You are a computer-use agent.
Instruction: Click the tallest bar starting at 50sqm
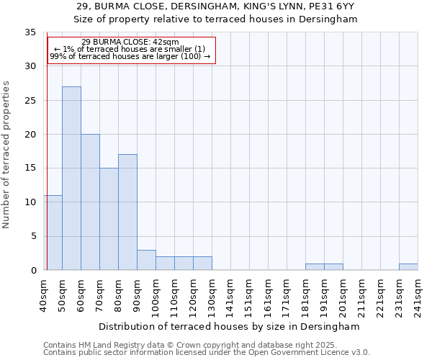click(x=71, y=178)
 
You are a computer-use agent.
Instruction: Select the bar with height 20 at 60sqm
click(x=90, y=202)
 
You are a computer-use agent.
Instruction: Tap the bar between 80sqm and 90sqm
click(x=127, y=212)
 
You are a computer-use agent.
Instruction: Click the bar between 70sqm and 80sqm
click(x=109, y=219)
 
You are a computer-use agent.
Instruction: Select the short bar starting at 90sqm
click(x=146, y=260)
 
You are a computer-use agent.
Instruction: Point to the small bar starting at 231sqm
click(x=408, y=266)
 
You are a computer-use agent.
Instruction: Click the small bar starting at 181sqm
click(x=315, y=266)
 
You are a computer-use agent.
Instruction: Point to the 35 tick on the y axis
click(x=30, y=32)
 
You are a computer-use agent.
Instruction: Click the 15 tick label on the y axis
click(x=30, y=168)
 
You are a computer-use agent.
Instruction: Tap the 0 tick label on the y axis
click(x=33, y=270)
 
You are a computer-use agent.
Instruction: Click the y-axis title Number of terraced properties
click(x=7, y=154)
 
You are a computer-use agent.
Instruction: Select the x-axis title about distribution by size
click(x=230, y=326)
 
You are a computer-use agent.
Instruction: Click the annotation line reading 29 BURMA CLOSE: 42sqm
click(x=130, y=42)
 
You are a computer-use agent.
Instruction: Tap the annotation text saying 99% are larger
click(x=130, y=56)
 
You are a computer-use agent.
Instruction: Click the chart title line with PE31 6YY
click(x=216, y=6)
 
